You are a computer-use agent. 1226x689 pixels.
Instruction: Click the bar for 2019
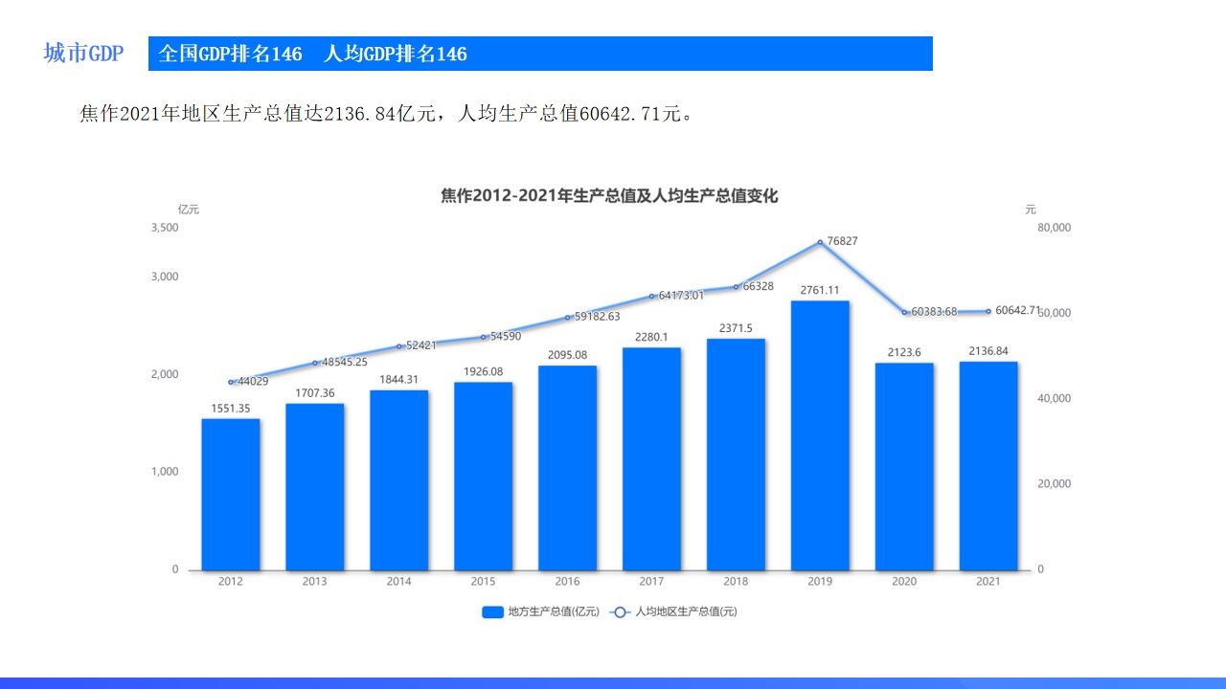820,435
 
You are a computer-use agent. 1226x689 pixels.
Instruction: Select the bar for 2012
230,494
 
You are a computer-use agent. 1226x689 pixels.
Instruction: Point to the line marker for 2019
820,242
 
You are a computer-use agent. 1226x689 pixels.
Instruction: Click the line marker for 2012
231,382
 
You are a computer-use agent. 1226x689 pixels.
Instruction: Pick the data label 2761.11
820,290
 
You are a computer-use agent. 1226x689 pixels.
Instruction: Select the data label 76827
842,241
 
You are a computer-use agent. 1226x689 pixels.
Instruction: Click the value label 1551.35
231,409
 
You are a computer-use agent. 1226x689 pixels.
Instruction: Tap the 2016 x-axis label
567,581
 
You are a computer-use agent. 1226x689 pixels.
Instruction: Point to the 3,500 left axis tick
165,228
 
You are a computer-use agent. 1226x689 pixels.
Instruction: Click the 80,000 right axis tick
1055,228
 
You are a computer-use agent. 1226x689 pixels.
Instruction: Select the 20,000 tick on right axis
1055,484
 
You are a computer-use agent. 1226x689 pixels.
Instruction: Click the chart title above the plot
609,196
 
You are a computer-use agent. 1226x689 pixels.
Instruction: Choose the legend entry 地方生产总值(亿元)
540,611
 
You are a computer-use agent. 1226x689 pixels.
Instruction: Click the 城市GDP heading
83,54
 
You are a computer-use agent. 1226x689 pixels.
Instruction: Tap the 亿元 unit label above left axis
189,209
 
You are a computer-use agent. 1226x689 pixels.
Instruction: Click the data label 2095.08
567,355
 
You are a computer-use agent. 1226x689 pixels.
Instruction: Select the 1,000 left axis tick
165,472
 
